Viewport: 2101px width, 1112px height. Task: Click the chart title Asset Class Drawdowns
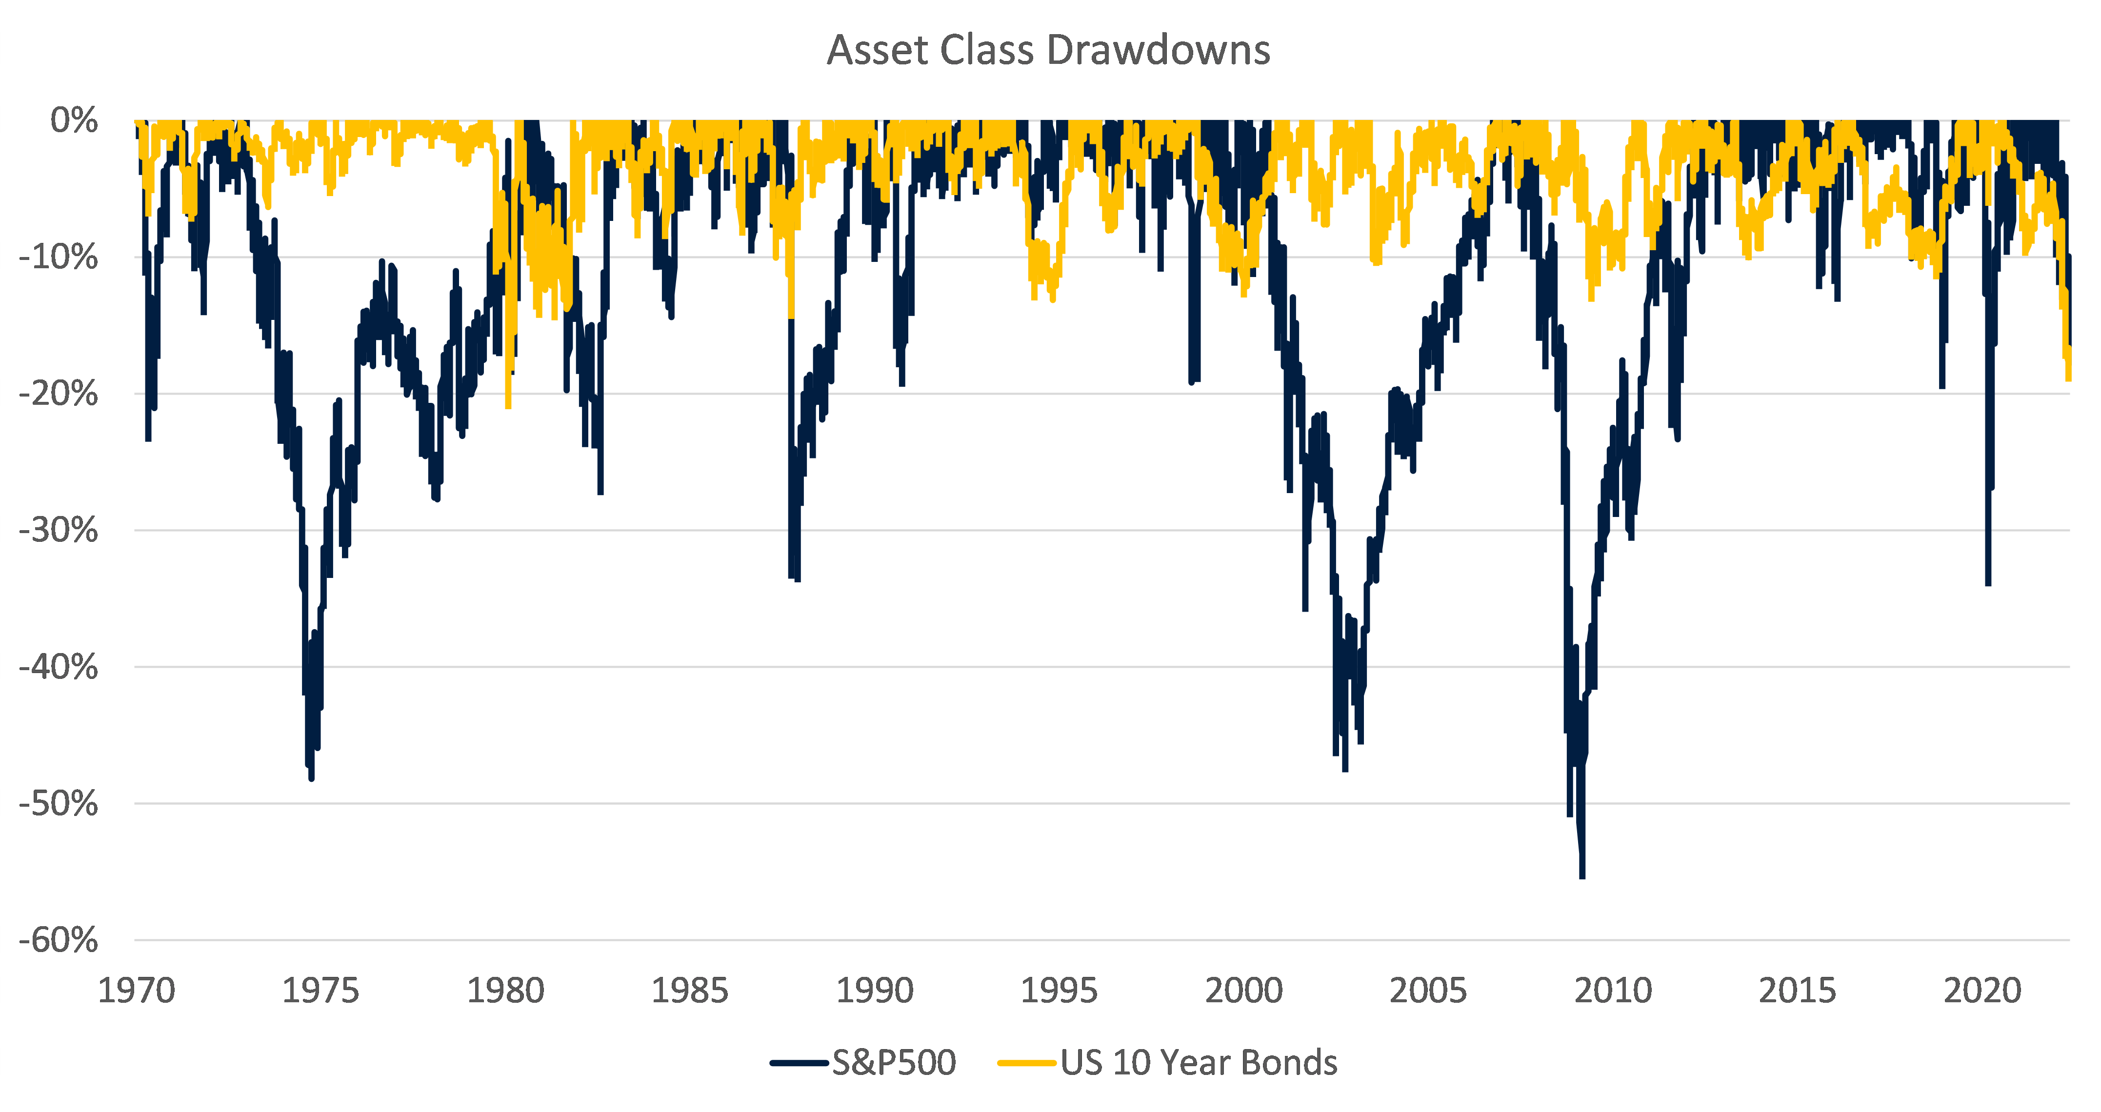tap(1048, 51)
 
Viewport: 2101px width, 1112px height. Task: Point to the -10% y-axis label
tap(59, 258)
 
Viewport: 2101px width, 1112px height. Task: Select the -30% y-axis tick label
tap(59, 531)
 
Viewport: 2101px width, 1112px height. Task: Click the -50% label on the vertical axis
tap(59, 804)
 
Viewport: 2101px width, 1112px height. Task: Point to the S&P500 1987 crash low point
tap(797, 579)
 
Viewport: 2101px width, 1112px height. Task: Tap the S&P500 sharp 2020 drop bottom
tap(1988, 583)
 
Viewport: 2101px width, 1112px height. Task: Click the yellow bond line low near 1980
tap(508, 405)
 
